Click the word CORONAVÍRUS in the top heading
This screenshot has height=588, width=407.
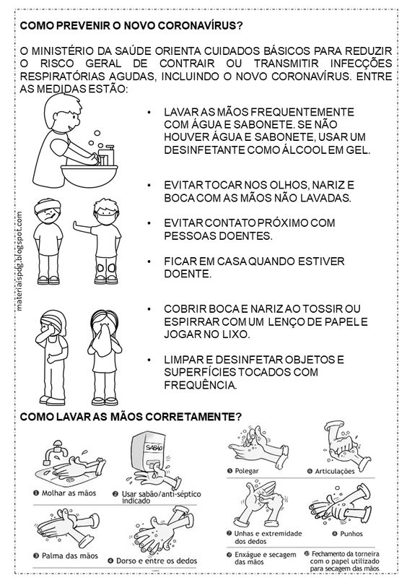(200, 25)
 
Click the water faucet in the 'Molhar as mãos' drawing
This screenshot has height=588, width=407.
(55, 450)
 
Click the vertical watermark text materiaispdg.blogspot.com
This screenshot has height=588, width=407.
(19, 261)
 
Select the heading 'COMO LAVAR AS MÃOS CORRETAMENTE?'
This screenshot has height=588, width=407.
(131, 417)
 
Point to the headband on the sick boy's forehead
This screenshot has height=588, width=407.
(47, 206)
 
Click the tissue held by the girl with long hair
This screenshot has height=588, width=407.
(104, 339)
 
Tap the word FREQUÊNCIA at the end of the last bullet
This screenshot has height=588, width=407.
(201, 385)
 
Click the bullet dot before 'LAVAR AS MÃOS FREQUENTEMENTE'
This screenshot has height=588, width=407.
(149, 113)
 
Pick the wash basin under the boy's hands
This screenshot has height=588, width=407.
(89, 175)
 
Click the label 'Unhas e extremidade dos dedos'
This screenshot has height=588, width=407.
(268, 537)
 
